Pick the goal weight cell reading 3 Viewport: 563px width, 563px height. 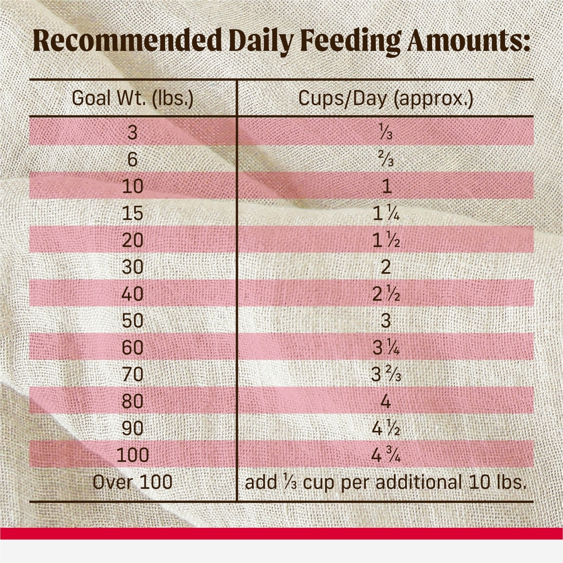133,133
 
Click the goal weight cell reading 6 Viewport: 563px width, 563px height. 133,160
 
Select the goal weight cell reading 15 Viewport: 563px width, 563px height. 133,214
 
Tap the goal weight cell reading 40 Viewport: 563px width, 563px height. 133,294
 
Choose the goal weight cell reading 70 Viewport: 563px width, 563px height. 133,375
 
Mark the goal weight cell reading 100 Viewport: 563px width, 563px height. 133,455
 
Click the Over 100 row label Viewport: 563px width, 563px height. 133,482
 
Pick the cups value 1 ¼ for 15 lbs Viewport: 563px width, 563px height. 386,214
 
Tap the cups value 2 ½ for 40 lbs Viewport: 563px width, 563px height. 386,294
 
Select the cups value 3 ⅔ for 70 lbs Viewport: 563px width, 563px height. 386,375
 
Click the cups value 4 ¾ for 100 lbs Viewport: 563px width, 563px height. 386,455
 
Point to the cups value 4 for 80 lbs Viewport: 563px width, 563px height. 386,402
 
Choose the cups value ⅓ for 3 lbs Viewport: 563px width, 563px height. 386,133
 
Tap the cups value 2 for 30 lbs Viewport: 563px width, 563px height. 386,267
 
